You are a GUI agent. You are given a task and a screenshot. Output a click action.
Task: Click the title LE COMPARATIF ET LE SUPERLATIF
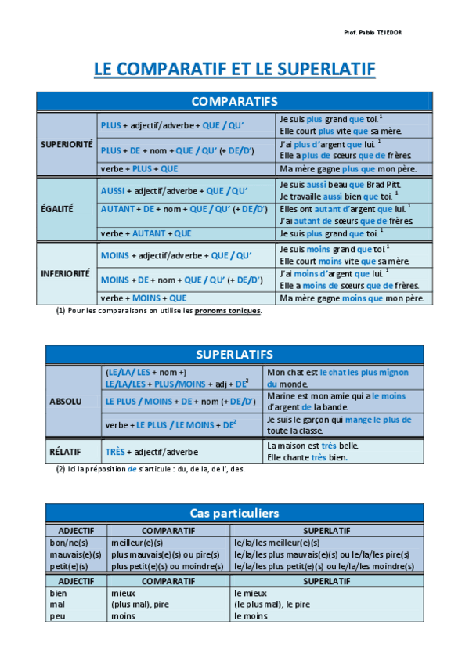(x=234, y=70)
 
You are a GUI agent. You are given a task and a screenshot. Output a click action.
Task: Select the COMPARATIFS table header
(x=234, y=101)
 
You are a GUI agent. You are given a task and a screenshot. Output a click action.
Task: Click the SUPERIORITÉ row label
(x=67, y=144)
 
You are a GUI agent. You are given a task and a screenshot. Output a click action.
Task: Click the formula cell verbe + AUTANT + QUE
(x=146, y=233)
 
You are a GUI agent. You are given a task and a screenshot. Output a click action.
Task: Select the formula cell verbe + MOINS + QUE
(x=143, y=298)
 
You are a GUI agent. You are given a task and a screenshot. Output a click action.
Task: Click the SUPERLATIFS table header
(x=234, y=355)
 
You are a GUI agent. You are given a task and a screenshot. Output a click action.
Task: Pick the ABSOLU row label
(x=65, y=401)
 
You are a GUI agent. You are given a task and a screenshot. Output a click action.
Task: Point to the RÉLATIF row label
(x=66, y=451)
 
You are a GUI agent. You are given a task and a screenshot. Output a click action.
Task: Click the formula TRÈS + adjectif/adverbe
(x=151, y=452)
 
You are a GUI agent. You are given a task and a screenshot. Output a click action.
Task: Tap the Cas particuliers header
(x=234, y=513)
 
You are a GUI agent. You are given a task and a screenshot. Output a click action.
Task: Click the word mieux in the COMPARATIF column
(x=123, y=593)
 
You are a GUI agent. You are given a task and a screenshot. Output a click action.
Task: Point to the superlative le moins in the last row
(x=251, y=616)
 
